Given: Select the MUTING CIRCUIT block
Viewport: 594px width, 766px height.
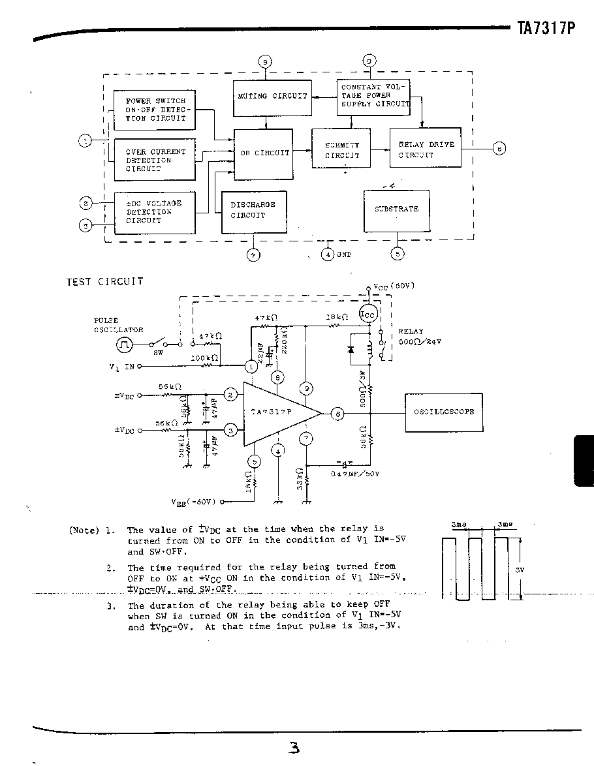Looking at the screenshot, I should (271, 96).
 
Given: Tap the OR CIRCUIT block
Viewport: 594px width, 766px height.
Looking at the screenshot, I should (264, 153).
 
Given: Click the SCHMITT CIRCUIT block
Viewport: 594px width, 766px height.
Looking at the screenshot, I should (341, 150).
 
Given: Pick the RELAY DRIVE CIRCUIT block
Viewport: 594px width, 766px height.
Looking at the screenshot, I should (425, 149).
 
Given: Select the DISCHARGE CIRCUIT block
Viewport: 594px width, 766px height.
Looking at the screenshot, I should (253, 210).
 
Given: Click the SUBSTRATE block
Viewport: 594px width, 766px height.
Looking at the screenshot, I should (396, 209).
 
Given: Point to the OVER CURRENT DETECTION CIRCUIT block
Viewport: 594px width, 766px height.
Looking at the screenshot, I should (154, 160).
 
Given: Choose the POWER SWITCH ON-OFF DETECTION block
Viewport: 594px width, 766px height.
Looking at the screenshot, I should (154, 110).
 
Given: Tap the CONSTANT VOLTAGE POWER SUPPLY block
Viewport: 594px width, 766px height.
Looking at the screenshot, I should (373, 96).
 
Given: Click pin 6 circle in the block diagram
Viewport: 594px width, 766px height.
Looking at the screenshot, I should (499, 149).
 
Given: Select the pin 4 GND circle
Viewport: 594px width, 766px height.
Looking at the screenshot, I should (328, 254).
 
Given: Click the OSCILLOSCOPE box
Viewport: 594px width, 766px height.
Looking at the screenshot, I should (444, 412).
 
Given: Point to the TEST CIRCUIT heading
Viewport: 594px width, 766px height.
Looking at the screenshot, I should (104, 282).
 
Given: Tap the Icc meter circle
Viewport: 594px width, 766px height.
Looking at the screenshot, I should (368, 314).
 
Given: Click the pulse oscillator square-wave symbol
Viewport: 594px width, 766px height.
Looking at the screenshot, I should (124, 344).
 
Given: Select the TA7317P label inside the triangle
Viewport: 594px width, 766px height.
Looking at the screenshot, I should (271, 412).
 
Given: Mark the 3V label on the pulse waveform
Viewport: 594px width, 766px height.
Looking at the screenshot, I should (520, 570).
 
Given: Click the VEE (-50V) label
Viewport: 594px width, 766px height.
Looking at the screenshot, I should (195, 502).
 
